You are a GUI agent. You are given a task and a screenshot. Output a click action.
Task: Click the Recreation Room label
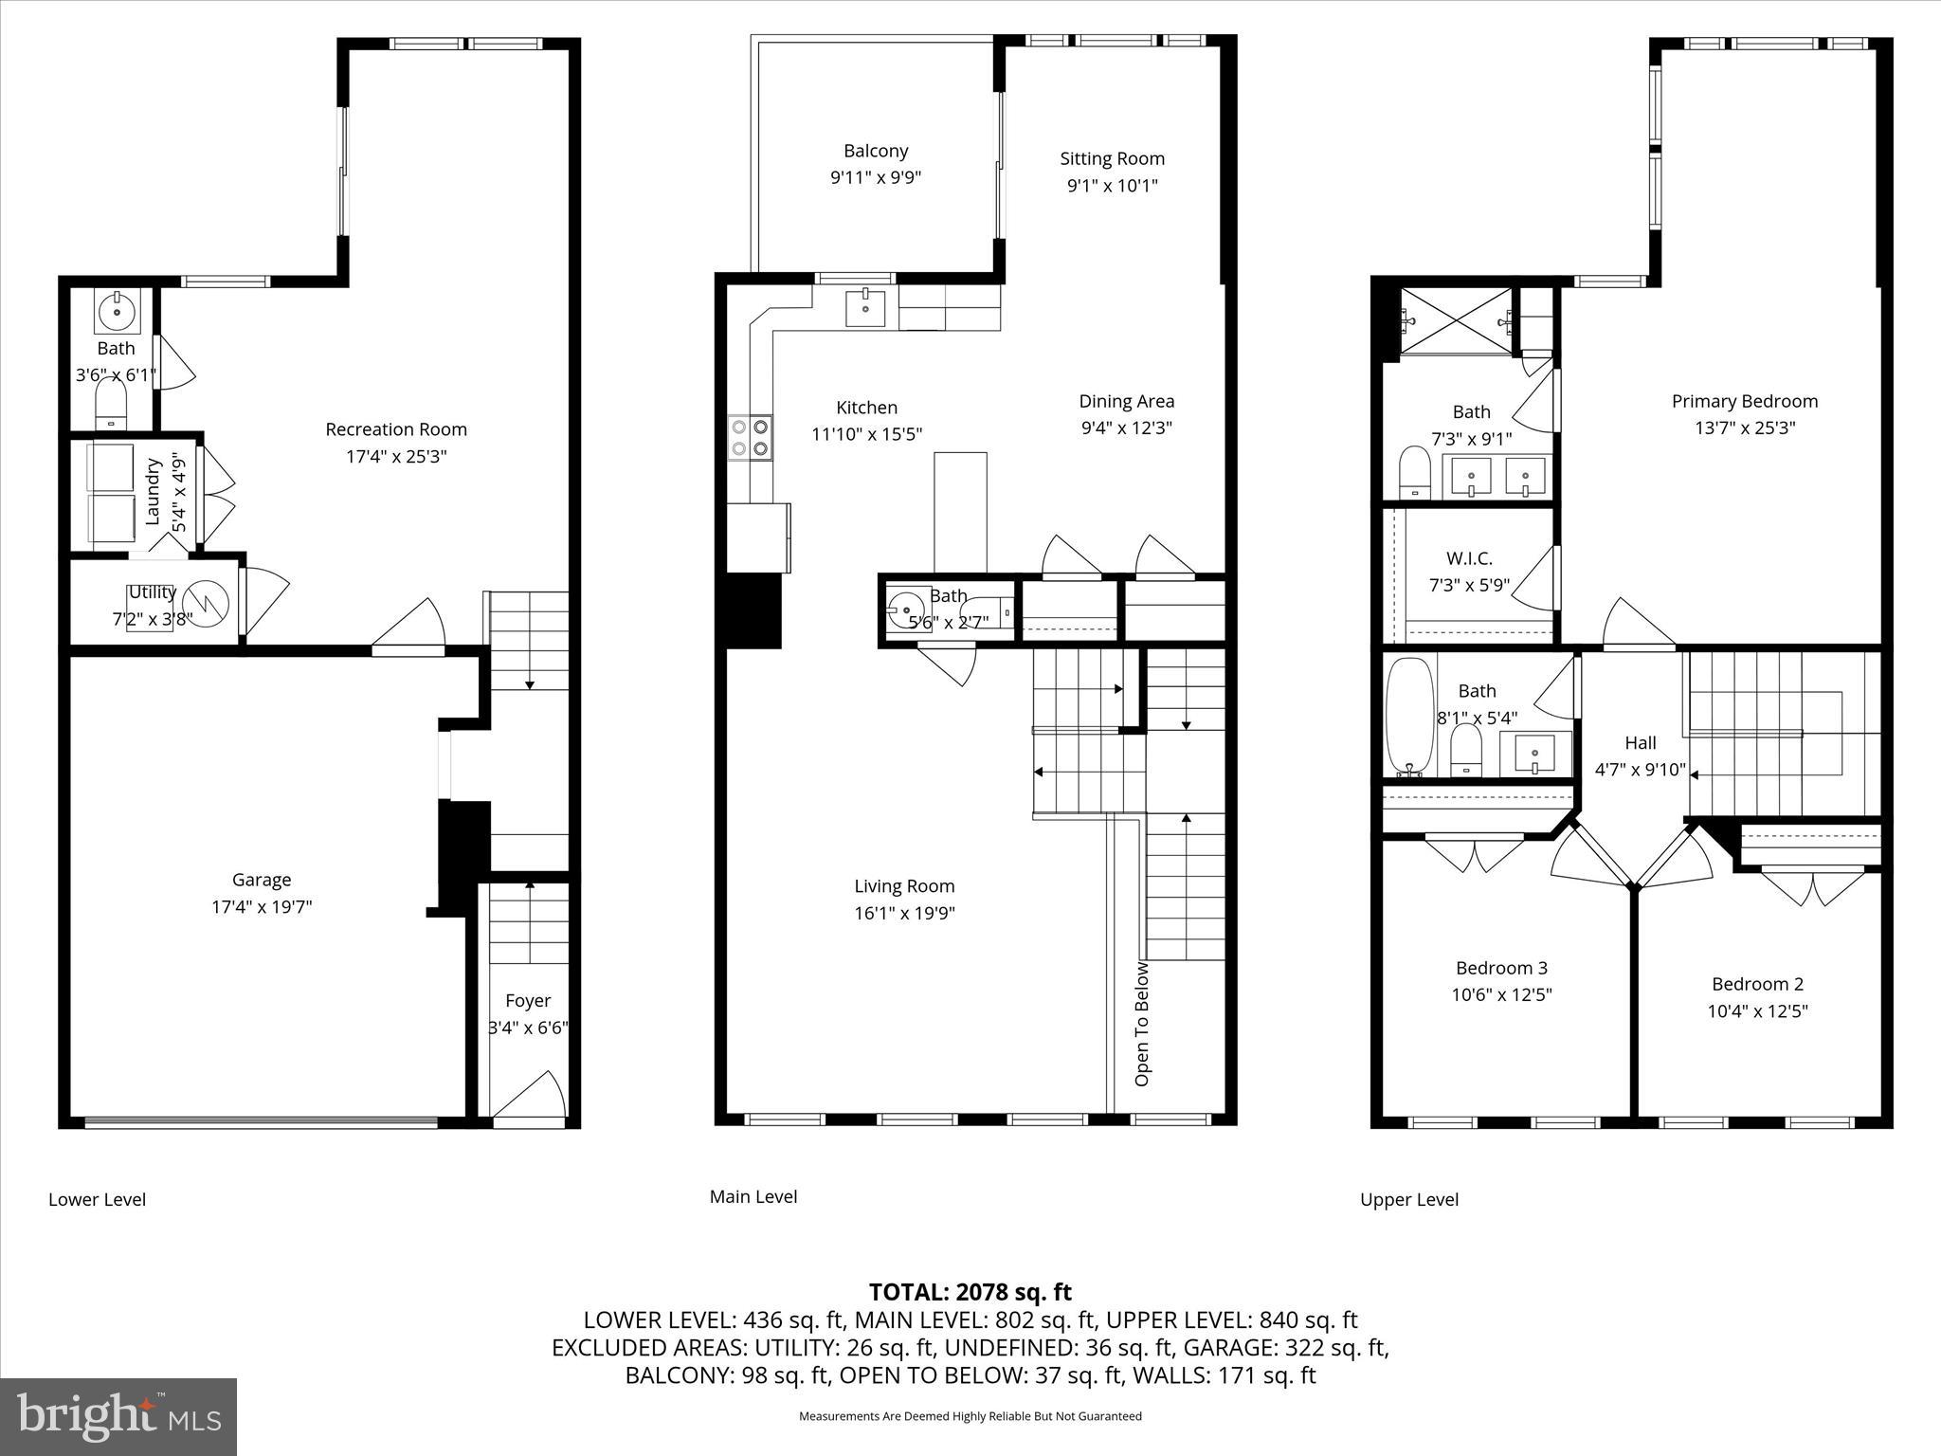(x=396, y=429)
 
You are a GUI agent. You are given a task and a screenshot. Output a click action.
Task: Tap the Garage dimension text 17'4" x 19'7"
(x=262, y=907)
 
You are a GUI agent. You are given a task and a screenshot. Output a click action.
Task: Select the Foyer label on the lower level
(x=528, y=1000)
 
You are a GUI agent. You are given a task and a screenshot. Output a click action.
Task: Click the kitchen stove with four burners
(x=750, y=438)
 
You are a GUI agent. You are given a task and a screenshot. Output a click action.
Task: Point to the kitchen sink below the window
(x=865, y=307)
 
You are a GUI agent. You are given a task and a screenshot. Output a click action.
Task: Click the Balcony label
(x=876, y=151)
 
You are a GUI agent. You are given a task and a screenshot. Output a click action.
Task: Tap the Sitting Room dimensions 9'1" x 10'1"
(x=1112, y=186)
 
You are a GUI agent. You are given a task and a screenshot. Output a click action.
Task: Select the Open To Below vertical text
(x=1142, y=1024)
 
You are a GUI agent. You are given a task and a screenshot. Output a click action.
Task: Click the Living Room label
(x=904, y=886)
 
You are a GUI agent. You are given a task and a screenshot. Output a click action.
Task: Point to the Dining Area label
(x=1126, y=401)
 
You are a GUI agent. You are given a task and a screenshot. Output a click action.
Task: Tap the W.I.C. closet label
(x=1469, y=558)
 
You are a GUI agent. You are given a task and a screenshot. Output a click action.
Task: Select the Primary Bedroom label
(x=1744, y=401)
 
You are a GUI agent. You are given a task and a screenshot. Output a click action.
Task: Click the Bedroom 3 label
(x=1501, y=968)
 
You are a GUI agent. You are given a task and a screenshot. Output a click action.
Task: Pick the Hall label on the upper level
(x=1640, y=743)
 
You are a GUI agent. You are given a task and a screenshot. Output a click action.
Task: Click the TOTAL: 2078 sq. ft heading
(x=970, y=1292)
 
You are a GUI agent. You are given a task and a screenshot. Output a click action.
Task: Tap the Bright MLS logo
(x=118, y=1416)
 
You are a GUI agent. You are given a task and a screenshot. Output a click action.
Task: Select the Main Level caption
(x=753, y=1196)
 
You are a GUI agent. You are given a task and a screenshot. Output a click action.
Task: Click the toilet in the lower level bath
(x=111, y=404)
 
